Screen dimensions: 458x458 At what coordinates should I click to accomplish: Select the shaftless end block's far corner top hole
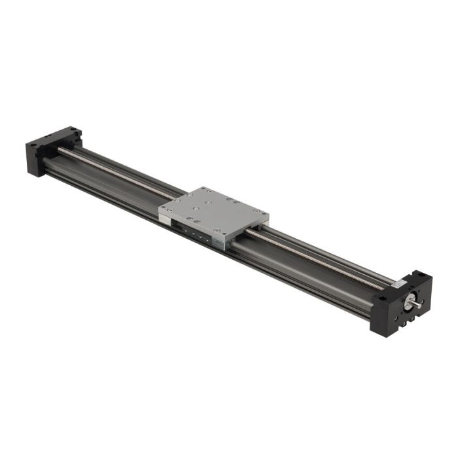73,130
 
